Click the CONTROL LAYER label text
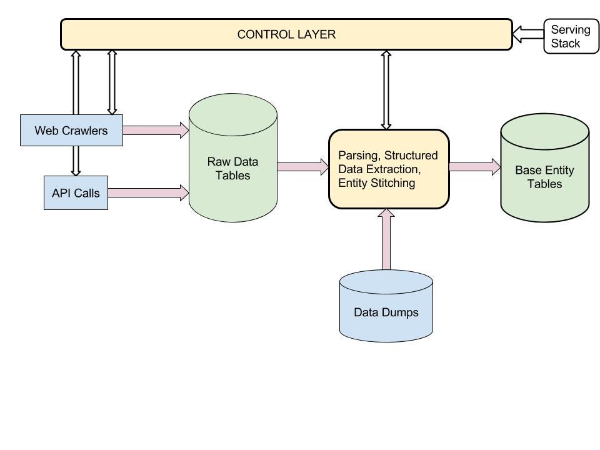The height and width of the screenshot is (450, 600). [286, 34]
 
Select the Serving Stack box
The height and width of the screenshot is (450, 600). [571, 36]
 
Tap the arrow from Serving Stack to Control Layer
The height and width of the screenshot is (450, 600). [527, 34]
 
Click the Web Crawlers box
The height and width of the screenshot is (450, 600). [71, 131]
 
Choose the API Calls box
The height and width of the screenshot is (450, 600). [76, 192]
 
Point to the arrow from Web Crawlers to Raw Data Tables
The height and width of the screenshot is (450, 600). [156, 130]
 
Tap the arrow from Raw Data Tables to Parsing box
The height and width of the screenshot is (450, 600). [302, 166]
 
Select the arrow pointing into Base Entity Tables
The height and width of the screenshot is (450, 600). [474, 166]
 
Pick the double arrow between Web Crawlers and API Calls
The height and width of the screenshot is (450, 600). [76, 161]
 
